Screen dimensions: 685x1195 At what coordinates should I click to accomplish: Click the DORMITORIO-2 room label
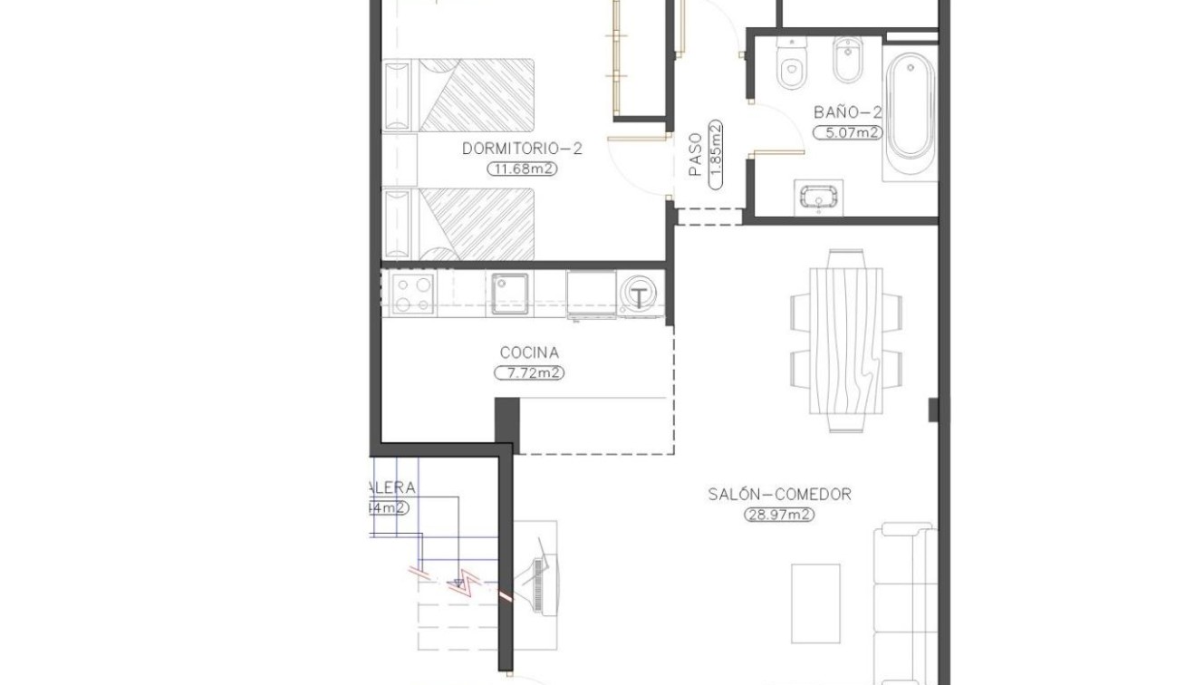pyautogui.click(x=522, y=149)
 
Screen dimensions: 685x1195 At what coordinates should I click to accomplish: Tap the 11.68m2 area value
pyautogui.click(x=522, y=169)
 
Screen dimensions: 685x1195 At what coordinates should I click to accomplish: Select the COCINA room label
pyautogui.click(x=529, y=352)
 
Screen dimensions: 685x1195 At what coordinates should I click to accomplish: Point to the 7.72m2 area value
pyautogui.click(x=529, y=372)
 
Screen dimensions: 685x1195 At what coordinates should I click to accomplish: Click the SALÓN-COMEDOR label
pyautogui.click(x=779, y=495)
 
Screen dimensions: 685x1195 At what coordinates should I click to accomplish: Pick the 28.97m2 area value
pyautogui.click(x=779, y=515)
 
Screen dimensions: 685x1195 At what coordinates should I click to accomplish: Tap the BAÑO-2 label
pyautogui.click(x=848, y=113)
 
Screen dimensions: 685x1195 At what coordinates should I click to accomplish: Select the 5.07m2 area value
pyautogui.click(x=848, y=133)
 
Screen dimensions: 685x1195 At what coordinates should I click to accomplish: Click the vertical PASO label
pyautogui.click(x=695, y=155)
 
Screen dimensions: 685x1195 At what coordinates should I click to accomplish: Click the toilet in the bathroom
pyautogui.click(x=793, y=65)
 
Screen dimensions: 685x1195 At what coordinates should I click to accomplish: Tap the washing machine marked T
pyautogui.click(x=641, y=295)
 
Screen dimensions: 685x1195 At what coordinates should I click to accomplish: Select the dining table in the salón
pyautogui.click(x=845, y=342)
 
